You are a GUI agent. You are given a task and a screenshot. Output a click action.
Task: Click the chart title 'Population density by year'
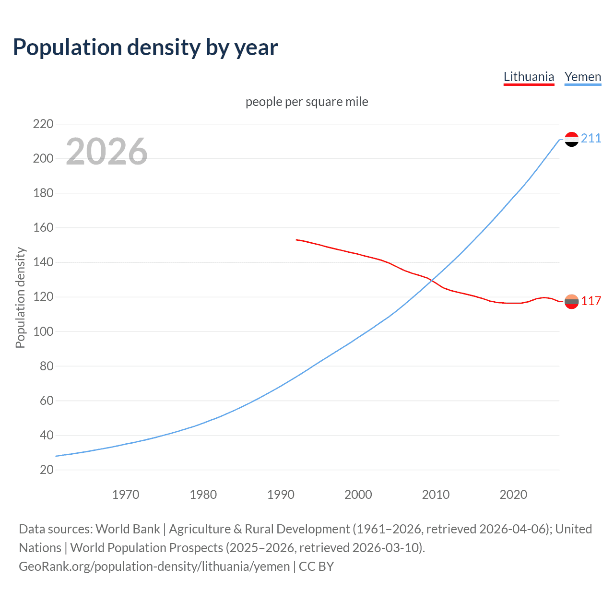pyautogui.click(x=145, y=47)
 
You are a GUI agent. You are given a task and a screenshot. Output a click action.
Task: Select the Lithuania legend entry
pyautogui.click(x=529, y=77)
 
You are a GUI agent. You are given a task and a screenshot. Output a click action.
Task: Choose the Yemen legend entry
pyautogui.click(x=583, y=77)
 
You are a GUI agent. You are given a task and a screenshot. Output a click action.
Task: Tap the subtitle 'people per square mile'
pyautogui.click(x=307, y=102)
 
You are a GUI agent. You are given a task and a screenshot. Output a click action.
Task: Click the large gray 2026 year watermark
pyautogui.click(x=106, y=152)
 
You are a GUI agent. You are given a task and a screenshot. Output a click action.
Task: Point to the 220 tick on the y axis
pyautogui.click(x=43, y=124)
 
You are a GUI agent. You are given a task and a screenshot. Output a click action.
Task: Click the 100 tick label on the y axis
pyautogui.click(x=43, y=331)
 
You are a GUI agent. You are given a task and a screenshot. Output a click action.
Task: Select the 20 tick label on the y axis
pyautogui.click(x=47, y=470)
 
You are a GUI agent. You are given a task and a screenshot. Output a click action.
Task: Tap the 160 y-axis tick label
pyautogui.click(x=43, y=228)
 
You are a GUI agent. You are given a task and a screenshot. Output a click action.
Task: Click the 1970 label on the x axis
pyautogui.click(x=126, y=495)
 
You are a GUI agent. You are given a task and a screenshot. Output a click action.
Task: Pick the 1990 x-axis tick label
pyautogui.click(x=281, y=495)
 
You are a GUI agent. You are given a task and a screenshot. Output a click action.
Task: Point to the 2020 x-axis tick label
pyautogui.click(x=513, y=495)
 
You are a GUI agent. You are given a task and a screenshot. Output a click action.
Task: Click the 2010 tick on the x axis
pyautogui.click(x=436, y=495)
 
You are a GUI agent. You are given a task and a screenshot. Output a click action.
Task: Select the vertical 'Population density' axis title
pyautogui.click(x=20, y=297)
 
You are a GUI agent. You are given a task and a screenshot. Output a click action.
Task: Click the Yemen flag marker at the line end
pyautogui.click(x=571, y=139)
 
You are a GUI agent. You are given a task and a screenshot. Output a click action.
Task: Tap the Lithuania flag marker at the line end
pyautogui.click(x=571, y=301)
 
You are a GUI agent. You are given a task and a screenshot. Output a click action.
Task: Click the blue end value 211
pyautogui.click(x=591, y=139)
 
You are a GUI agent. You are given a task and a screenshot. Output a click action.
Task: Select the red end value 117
pyautogui.click(x=591, y=301)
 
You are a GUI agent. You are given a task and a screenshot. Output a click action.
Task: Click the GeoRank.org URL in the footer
pyautogui.click(x=154, y=567)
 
